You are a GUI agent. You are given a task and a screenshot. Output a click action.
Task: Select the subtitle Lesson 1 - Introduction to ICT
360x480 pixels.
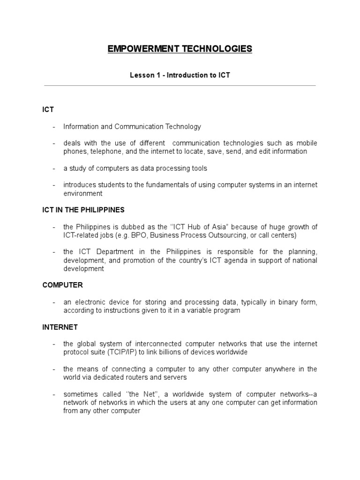click(180, 75)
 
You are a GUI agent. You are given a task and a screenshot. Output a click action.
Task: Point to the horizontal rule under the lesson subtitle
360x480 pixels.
click(180, 86)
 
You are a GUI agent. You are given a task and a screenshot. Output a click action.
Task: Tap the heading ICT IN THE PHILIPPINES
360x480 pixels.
click(83, 210)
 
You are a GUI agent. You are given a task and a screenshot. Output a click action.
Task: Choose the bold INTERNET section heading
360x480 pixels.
click(60, 327)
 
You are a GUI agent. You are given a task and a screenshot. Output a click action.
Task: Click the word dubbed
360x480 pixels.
click(133, 227)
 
